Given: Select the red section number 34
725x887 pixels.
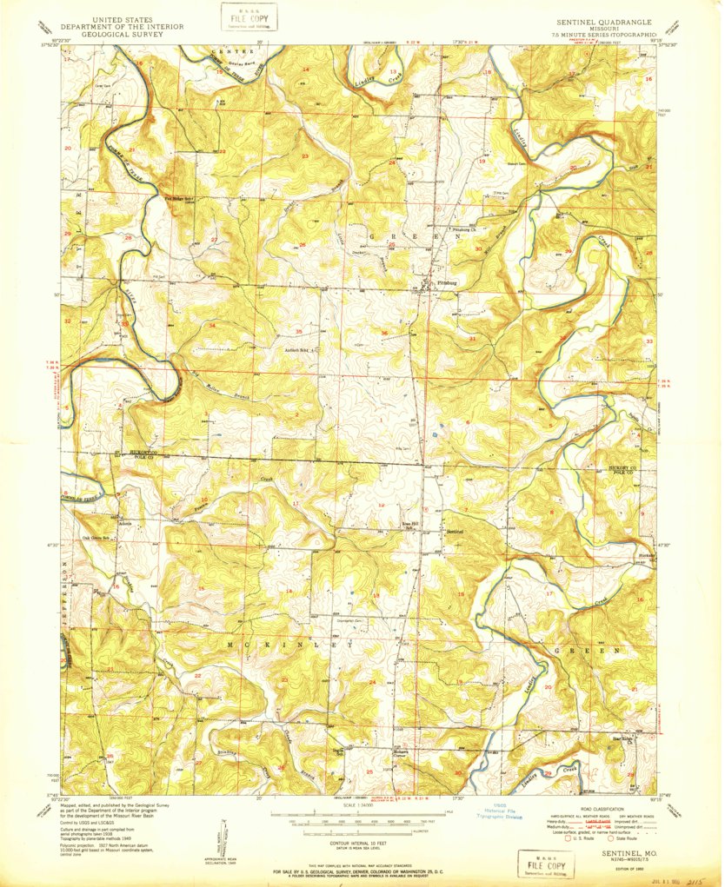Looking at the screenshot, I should click(x=213, y=325).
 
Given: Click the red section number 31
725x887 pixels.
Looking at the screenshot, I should click(x=472, y=337).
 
